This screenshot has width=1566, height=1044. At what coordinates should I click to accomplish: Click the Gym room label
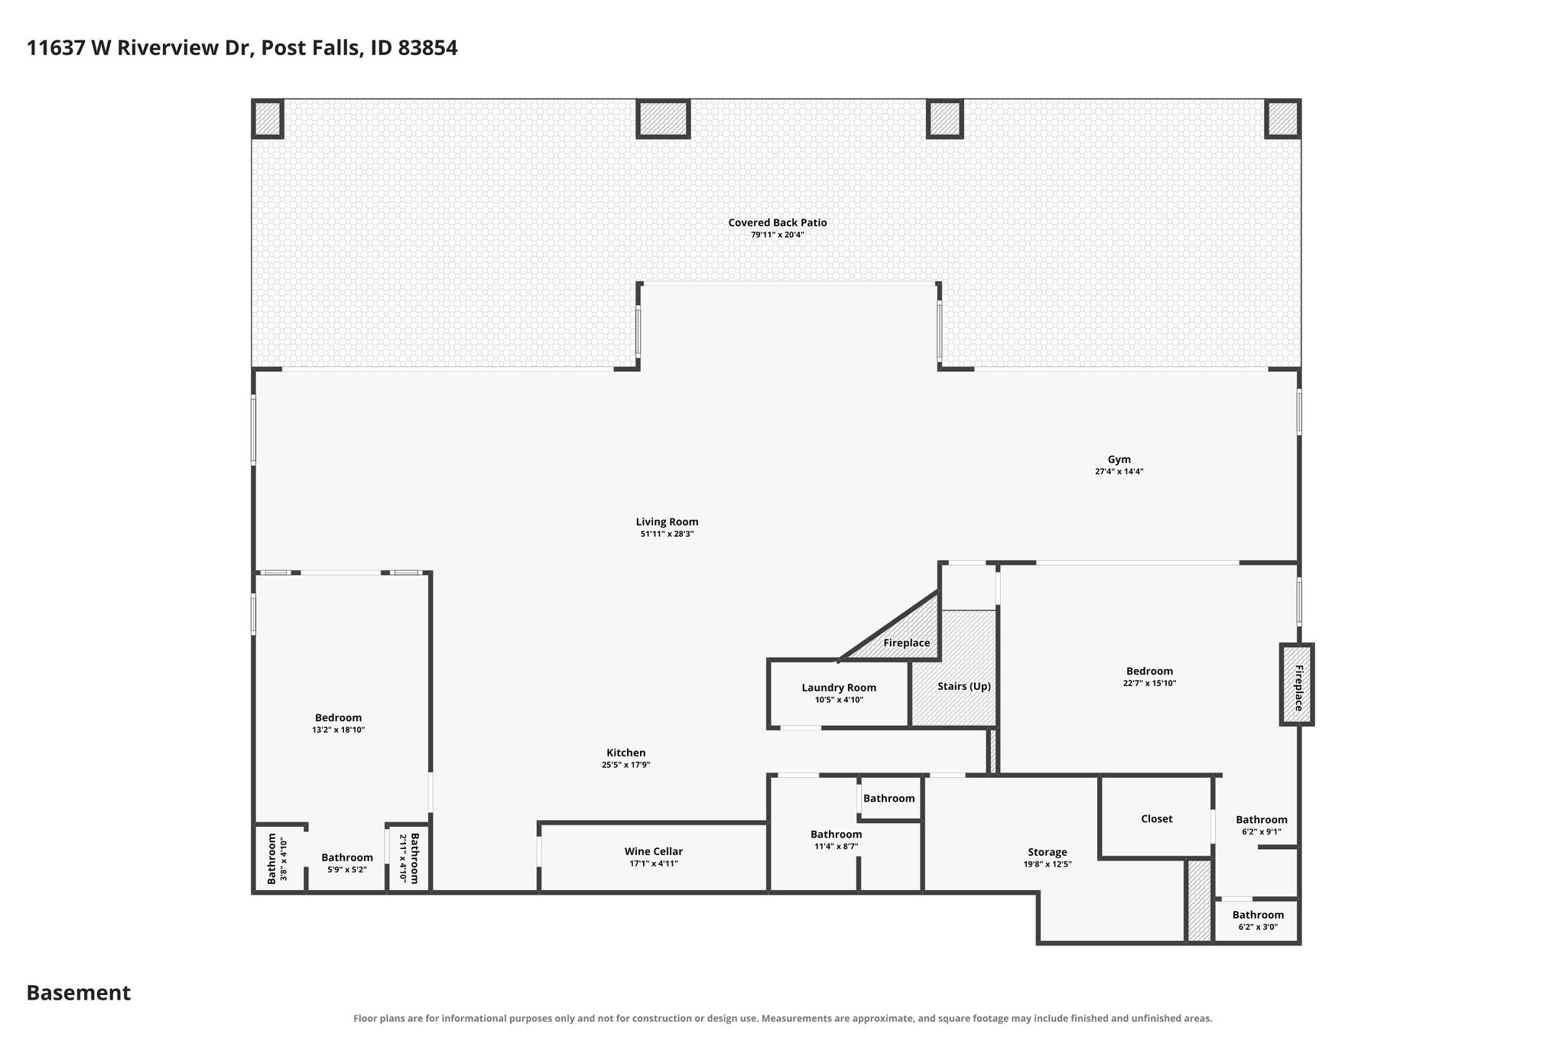[x=1119, y=460]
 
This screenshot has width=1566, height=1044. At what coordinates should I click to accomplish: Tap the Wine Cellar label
[x=653, y=851]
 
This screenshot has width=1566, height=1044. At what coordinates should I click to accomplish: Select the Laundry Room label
[x=839, y=688]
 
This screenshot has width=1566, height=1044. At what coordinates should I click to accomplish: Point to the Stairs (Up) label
[x=964, y=686]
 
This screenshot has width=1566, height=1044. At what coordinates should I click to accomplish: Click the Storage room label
[x=1047, y=852]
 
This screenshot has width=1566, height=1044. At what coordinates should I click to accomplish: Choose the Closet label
[x=1156, y=818]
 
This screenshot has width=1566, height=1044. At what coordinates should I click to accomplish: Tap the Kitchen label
[x=625, y=753]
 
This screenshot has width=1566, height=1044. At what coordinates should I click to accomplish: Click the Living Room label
[x=667, y=522]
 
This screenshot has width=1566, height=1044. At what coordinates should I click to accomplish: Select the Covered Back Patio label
[x=777, y=223]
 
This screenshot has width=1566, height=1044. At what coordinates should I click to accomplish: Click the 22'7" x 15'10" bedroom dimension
[x=1149, y=683]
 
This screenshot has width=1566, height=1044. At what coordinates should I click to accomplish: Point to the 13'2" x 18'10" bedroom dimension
[x=338, y=730]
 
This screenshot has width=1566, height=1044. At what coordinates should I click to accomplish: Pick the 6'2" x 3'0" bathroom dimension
[x=1258, y=927]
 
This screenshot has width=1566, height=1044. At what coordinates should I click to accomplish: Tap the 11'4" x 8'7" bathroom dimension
[x=836, y=846]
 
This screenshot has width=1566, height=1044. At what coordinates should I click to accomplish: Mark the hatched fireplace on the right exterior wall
[x=1297, y=685]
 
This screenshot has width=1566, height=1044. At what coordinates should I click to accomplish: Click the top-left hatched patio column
[x=268, y=119]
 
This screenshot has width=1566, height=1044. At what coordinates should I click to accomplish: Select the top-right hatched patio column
[x=1282, y=119]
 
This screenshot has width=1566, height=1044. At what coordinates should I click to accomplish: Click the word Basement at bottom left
[x=79, y=993]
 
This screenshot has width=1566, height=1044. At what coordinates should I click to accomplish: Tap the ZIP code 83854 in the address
[x=427, y=48]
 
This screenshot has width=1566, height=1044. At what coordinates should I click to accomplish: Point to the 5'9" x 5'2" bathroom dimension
[x=346, y=870]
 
